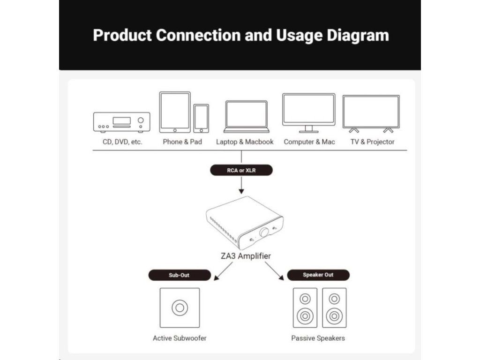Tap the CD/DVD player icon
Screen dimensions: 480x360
(x=122, y=122)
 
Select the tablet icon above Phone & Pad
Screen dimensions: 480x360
(x=175, y=112)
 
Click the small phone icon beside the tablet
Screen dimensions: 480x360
(x=201, y=119)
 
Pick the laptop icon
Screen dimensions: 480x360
(x=247, y=117)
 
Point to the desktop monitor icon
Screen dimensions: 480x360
(x=308, y=113)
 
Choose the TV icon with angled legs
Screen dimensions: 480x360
(x=371, y=114)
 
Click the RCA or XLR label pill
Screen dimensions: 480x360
(x=241, y=170)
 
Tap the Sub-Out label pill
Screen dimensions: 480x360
(x=180, y=275)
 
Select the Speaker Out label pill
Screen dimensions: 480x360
(x=318, y=275)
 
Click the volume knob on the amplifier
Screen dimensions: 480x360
(x=263, y=232)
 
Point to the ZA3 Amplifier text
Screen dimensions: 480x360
(x=246, y=256)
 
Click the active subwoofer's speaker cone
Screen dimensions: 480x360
(x=180, y=307)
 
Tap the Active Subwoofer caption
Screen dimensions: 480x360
(x=180, y=338)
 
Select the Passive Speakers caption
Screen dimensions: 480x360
(x=318, y=338)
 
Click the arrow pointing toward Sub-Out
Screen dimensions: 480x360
(x=223, y=271)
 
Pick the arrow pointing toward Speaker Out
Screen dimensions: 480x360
(x=274, y=271)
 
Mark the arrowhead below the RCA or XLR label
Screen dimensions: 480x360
(x=241, y=191)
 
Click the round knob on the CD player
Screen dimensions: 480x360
(x=141, y=120)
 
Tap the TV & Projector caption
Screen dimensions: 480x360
(x=372, y=142)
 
